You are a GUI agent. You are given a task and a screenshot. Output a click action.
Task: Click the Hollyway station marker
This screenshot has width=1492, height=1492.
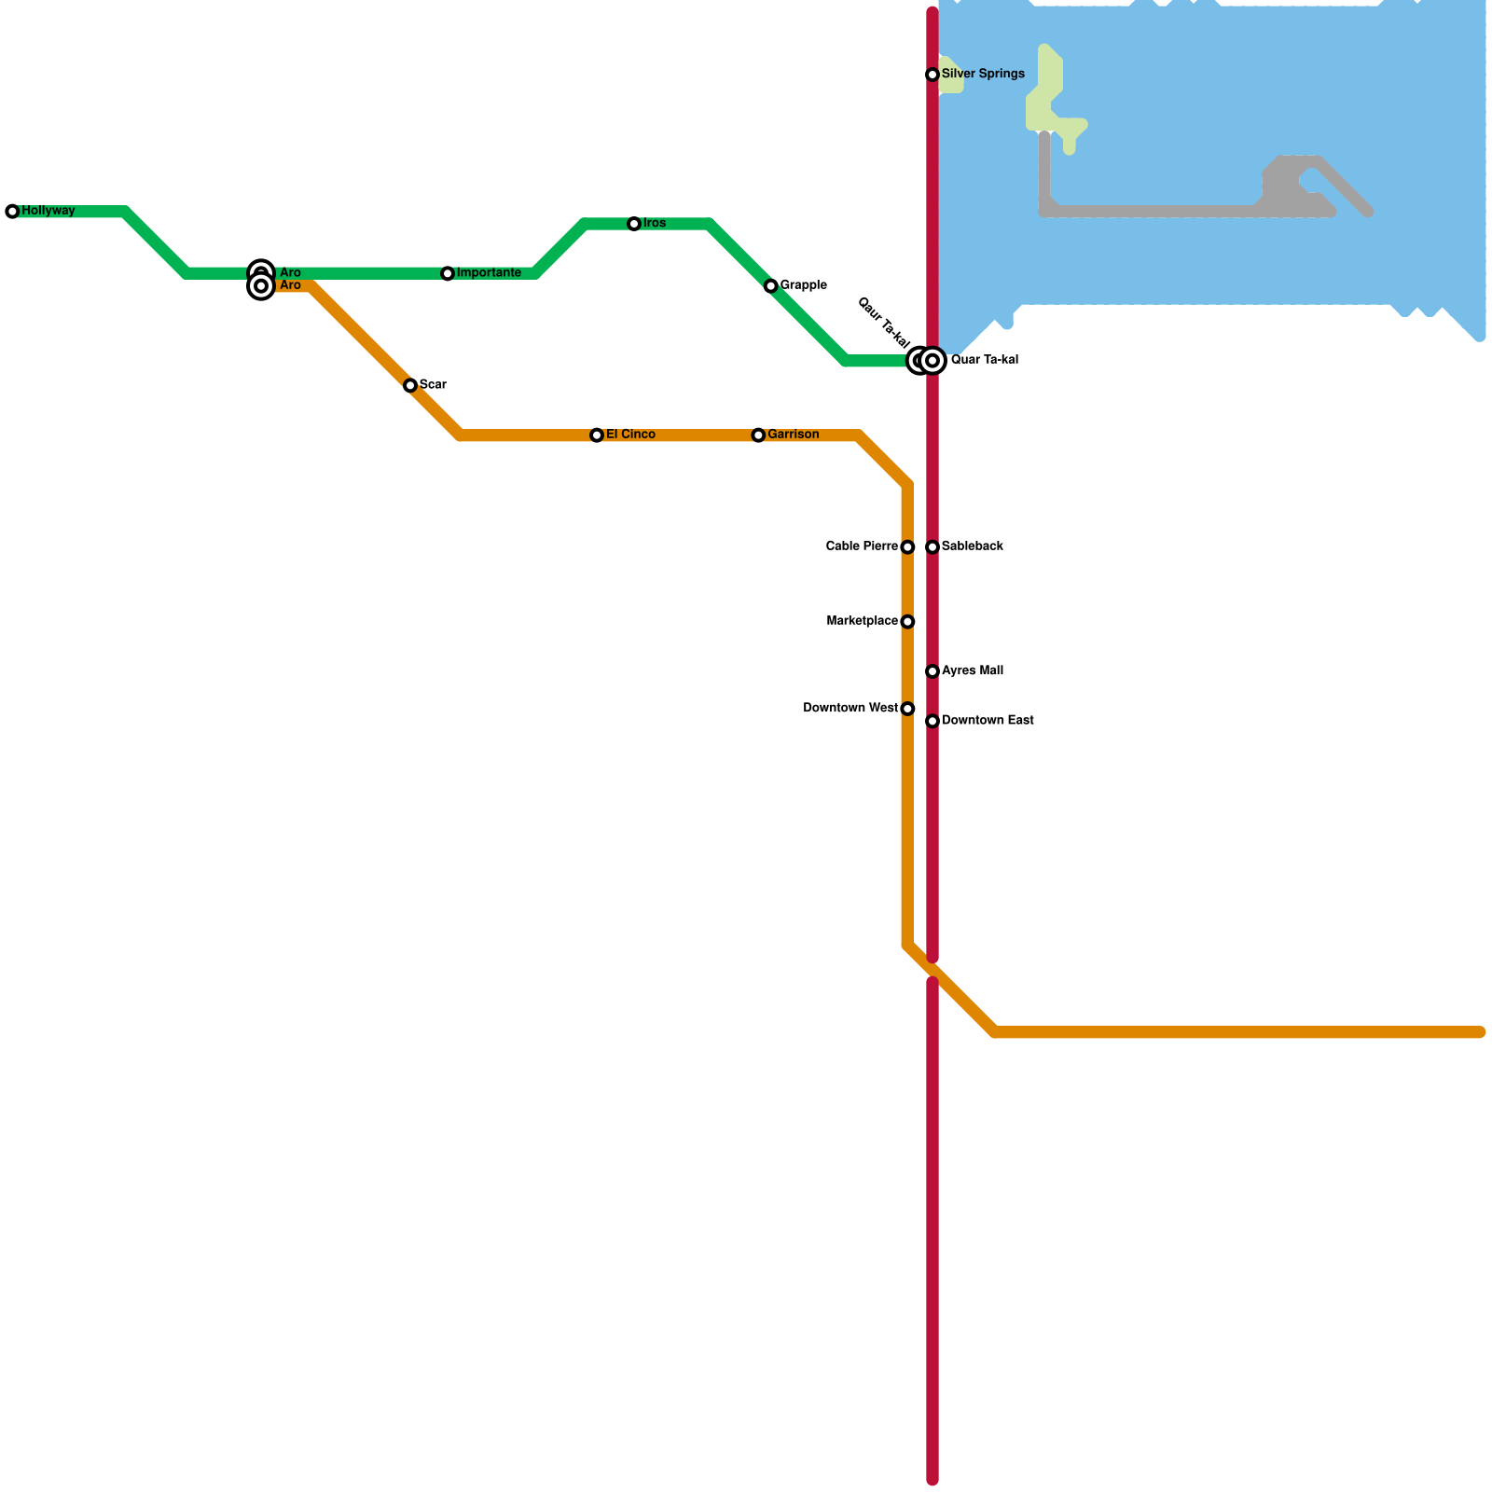pyautogui.click(x=12, y=212)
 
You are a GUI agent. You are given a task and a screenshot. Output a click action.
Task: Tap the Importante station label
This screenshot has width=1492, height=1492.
pyautogui.click(x=489, y=273)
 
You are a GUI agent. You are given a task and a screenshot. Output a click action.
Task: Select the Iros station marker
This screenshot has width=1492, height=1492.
pyautogui.click(x=634, y=224)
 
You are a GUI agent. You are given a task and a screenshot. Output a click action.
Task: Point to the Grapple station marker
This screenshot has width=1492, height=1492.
pyautogui.click(x=770, y=286)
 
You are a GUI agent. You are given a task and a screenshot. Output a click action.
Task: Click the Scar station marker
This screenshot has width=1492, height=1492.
pyautogui.click(x=410, y=385)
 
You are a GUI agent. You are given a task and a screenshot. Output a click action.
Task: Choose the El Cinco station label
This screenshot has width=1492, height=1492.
pyautogui.click(x=630, y=435)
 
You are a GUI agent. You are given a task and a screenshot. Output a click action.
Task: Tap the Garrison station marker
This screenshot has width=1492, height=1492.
pyautogui.click(x=758, y=435)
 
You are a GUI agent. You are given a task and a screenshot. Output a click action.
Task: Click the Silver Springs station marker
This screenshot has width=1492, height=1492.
pyautogui.click(x=932, y=75)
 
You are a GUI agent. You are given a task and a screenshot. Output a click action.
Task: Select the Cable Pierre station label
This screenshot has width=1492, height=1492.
pyautogui.click(x=862, y=546)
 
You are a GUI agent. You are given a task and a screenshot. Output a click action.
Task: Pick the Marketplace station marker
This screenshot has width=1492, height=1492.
pyautogui.click(x=907, y=622)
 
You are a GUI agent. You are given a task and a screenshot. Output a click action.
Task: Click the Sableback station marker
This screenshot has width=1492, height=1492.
pyautogui.click(x=932, y=547)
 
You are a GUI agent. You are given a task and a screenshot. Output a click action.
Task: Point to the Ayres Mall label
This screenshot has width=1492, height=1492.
pyautogui.click(x=973, y=670)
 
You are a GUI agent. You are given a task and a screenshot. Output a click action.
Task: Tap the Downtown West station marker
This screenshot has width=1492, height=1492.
pyautogui.click(x=907, y=709)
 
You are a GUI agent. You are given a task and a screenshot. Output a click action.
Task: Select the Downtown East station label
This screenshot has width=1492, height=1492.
pyautogui.click(x=988, y=721)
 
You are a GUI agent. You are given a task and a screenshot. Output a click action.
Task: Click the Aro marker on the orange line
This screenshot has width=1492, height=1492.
pyautogui.click(x=262, y=286)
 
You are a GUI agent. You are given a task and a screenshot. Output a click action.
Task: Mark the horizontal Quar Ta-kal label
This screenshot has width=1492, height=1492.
pyautogui.click(x=985, y=360)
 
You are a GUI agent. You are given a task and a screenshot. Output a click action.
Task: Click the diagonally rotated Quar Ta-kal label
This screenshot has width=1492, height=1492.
pyautogui.click(x=882, y=323)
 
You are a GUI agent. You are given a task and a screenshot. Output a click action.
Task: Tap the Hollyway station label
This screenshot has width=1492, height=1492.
pyautogui.click(x=48, y=211)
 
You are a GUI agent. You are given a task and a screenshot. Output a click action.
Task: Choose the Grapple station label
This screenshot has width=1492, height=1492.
pyautogui.click(x=804, y=285)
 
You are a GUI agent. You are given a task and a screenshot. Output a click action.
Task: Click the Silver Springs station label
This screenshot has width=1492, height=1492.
pyautogui.click(x=983, y=74)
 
